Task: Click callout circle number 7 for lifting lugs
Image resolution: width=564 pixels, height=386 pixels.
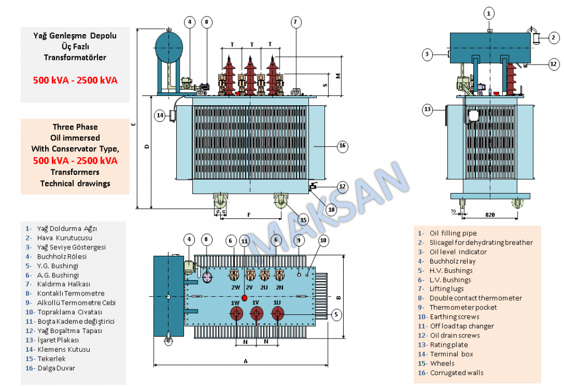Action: tap(296, 23)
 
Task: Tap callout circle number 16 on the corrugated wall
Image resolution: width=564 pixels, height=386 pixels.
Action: tap(342, 146)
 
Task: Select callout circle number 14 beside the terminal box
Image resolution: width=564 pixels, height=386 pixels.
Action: tap(160, 116)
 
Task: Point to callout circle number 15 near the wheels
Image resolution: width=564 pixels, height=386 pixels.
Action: tap(303, 219)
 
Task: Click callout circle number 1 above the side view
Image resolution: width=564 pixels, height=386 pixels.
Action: tap(489, 13)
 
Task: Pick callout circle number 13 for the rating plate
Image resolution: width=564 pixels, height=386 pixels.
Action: tap(427, 109)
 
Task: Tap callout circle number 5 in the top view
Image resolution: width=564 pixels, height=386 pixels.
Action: tap(335, 314)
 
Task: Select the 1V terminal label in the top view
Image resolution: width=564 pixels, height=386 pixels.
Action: tap(256, 303)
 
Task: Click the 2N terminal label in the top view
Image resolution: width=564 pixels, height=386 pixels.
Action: tap(279, 287)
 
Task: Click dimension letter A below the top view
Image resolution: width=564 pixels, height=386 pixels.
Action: tap(245, 361)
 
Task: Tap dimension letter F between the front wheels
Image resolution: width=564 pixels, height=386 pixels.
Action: tap(250, 213)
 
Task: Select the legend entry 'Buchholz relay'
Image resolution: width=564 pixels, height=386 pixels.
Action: tap(453, 261)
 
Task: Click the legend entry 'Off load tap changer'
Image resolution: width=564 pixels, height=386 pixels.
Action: tap(462, 326)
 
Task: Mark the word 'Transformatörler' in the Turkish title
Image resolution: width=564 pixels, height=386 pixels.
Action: tap(75, 57)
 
